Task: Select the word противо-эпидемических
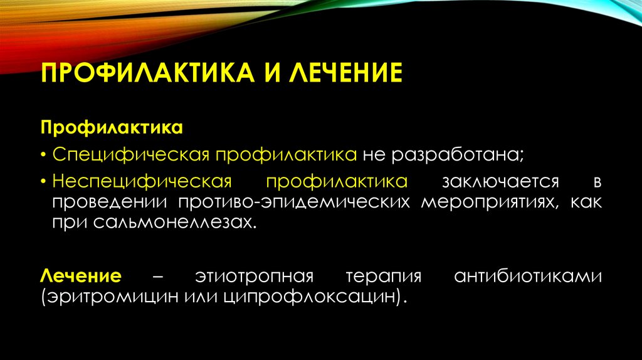[x=297, y=202]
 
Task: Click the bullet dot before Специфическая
[x=45, y=155]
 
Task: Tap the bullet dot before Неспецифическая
[x=45, y=183]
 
